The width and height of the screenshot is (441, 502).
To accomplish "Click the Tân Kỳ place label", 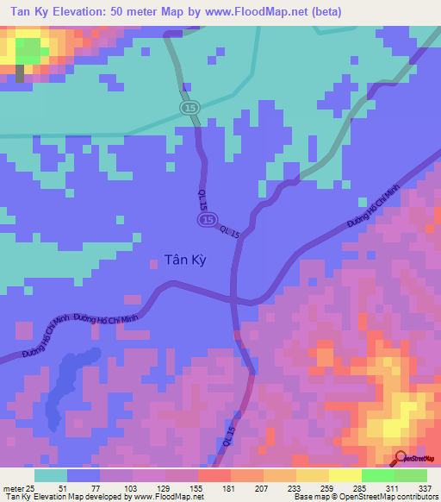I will pyautogui.click(x=185, y=258).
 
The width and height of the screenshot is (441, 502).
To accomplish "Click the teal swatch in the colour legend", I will pyautogui.click(x=51, y=475).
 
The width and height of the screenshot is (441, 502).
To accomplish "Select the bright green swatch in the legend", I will pyautogui.click(x=377, y=475).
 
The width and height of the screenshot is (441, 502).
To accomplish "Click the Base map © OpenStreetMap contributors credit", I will pyautogui.click(x=363, y=497).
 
